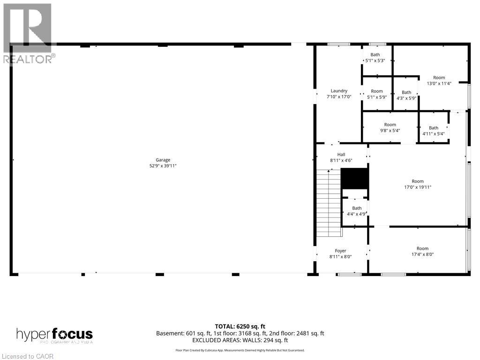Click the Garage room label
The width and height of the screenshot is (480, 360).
click(x=163, y=160)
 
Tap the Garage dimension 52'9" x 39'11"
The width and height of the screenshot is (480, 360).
click(x=163, y=166)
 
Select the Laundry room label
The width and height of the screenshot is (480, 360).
click(x=339, y=91)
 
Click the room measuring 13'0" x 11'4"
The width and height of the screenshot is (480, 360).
click(x=439, y=81)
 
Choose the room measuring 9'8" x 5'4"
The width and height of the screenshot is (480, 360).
click(x=390, y=127)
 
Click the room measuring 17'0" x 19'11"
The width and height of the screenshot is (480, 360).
click(x=418, y=184)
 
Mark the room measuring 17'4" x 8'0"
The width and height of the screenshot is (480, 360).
click(x=417, y=251)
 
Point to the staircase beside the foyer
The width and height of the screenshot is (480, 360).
click(x=328, y=203)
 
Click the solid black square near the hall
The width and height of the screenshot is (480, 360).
click(x=354, y=178)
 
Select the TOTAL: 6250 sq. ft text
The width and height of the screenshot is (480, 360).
click(x=240, y=326)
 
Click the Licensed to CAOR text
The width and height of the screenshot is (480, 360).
click(x=28, y=356)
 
